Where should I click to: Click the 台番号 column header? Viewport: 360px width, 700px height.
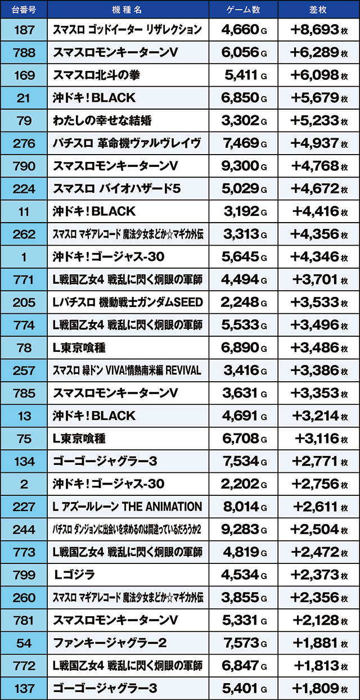point(24,10)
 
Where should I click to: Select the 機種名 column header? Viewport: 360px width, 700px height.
point(128,10)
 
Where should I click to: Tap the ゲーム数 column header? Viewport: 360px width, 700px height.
point(243,10)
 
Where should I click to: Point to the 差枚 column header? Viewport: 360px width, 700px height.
point(318,10)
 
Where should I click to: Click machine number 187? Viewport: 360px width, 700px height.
point(24,29)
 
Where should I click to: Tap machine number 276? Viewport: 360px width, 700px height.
point(24,143)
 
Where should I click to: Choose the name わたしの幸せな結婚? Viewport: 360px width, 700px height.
point(102,120)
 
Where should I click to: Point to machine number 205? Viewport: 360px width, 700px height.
point(24,302)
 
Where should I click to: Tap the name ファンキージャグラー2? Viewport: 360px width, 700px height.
point(110,643)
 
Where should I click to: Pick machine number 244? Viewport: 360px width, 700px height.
point(24,529)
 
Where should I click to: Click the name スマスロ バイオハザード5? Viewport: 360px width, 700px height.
point(112,188)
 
